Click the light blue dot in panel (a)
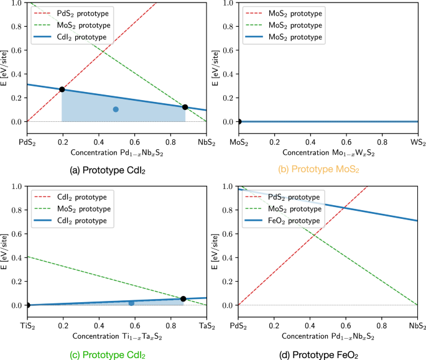[x=116, y=109]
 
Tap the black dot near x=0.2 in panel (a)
[x=62, y=90]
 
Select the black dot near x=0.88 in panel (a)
[x=185, y=107]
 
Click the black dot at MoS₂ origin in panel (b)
[x=239, y=122]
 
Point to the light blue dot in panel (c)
[x=131, y=303]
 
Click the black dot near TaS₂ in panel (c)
[x=183, y=299]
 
